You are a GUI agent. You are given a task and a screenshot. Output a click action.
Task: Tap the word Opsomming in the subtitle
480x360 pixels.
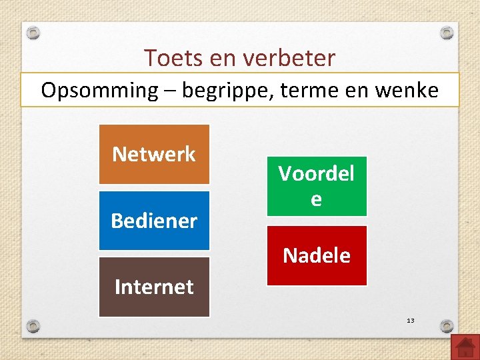97,90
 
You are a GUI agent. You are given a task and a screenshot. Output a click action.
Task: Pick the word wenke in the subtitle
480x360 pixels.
407,90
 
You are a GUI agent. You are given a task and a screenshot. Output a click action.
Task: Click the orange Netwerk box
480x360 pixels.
154,154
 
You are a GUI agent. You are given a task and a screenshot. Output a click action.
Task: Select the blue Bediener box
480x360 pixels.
154,221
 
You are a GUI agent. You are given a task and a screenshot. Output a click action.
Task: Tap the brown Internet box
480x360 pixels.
154,287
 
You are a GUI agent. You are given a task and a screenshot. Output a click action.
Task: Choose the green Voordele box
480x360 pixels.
317,186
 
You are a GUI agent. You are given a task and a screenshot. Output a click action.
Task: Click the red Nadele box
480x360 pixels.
317,255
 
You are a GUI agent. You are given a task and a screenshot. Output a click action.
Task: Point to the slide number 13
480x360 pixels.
411,321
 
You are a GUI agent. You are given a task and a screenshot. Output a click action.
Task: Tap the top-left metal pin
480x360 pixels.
33,32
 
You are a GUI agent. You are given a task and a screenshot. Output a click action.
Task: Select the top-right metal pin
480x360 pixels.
447,32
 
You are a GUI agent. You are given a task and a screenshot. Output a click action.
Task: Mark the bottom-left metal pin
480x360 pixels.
33,326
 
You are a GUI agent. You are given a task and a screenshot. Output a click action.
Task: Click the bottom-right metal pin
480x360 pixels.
447,326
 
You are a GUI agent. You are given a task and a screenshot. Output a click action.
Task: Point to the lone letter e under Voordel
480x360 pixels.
317,199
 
